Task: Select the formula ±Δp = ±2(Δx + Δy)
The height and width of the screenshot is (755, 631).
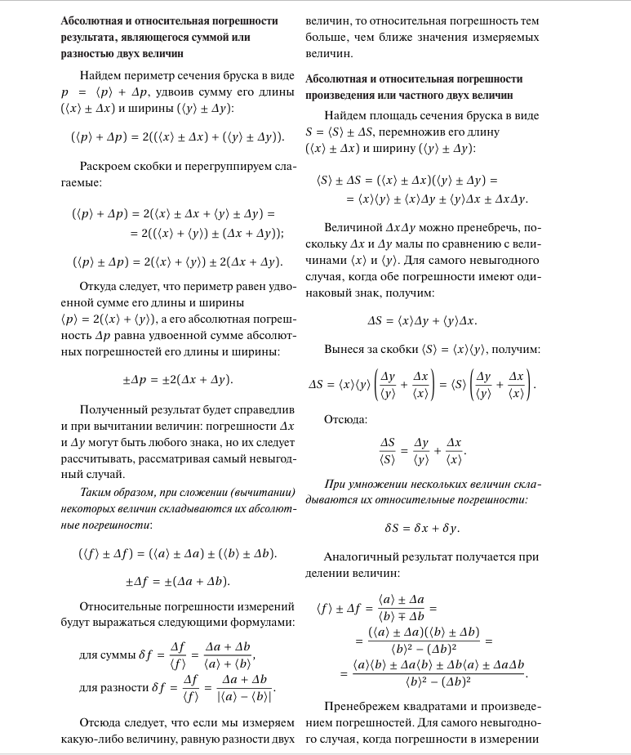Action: [x=177, y=379]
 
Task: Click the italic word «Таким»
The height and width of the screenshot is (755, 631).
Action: [x=96, y=492]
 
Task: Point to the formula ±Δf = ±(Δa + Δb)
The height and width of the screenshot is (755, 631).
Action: [x=177, y=581]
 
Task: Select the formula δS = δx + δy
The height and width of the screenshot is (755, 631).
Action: [x=422, y=528]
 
